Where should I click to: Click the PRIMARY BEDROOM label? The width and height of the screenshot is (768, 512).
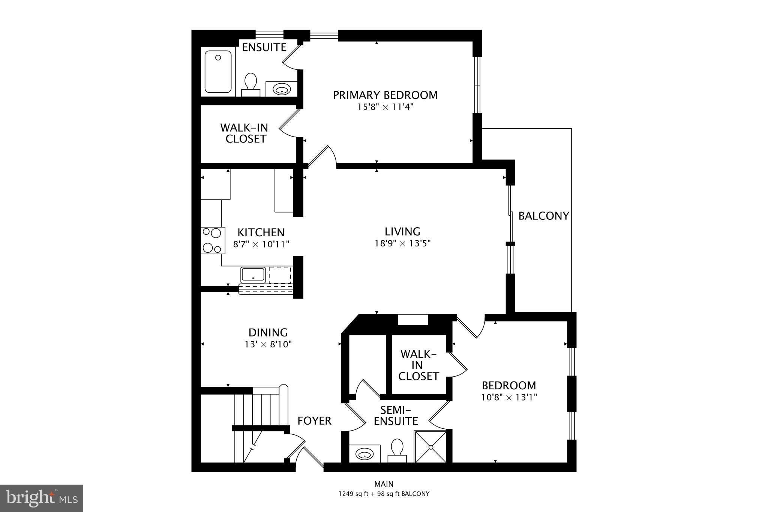click(385, 95)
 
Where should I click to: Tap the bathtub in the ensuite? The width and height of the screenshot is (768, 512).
click(218, 71)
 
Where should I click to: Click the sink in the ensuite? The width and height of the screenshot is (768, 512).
click(281, 89)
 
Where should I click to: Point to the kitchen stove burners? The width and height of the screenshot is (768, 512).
click(213, 240)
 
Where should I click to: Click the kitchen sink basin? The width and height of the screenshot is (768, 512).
click(253, 275)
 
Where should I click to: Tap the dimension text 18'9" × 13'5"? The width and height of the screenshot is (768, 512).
click(402, 243)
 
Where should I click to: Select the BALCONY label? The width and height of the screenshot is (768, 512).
click(543, 216)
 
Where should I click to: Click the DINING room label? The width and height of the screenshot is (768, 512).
click(268, 332)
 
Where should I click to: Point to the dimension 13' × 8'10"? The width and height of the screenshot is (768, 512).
click(268, 344)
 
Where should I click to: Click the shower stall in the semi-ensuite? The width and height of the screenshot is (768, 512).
click(430, 447)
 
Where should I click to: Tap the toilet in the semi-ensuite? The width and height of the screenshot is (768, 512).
click(397, 450)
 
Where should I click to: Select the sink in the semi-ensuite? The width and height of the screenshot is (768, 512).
click(364, 454)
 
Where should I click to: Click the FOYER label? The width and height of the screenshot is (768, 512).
click(314, 421)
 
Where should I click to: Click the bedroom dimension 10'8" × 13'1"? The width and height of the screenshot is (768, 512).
click(509, 397)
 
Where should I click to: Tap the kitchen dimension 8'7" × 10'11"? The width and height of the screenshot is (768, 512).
click(261, 245)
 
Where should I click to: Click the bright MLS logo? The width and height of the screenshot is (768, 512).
click(41, 498)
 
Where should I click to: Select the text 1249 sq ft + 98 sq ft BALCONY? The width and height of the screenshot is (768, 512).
click(384, 494)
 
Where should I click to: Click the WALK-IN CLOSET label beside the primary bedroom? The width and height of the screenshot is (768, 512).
click(244, 133)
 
